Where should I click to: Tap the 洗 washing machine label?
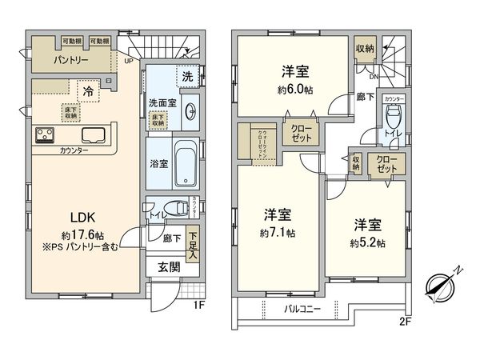186,78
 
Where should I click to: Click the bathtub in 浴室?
186,163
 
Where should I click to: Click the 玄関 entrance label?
168,267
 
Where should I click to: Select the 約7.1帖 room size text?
278,233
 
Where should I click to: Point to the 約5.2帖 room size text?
367,242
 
